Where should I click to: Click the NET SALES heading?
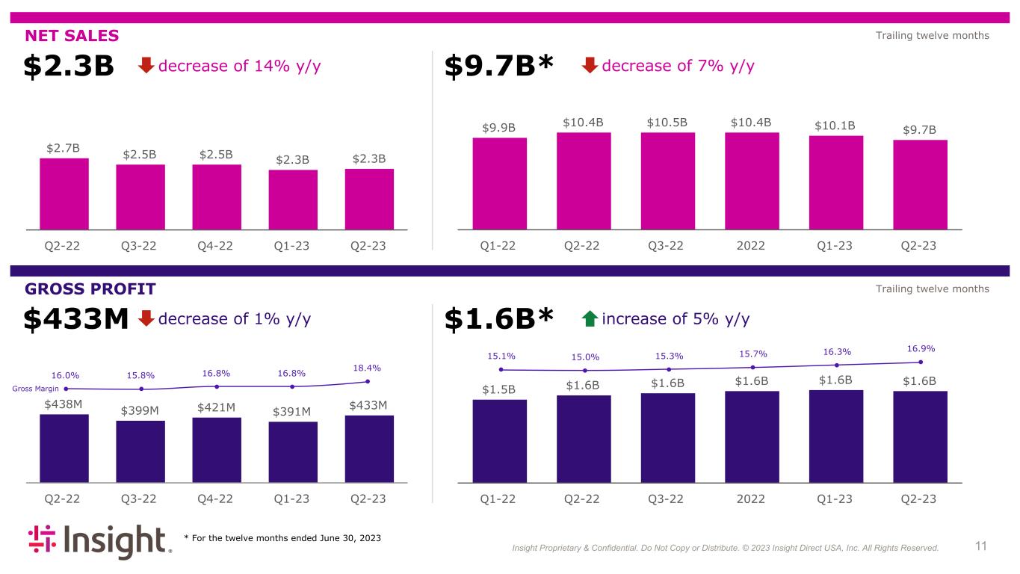72,35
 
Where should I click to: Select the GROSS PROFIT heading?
90,288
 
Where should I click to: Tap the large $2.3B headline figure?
69,67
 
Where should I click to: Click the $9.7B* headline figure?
499,67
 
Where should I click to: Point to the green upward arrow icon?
589,319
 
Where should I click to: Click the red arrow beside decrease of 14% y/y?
146,67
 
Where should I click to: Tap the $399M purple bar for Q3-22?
140,451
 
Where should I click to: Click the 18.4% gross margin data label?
368,368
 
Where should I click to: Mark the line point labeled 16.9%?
921,362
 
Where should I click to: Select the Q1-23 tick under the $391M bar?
292,499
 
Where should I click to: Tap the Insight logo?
99,542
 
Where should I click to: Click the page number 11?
980,546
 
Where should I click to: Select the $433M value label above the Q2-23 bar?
368,405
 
